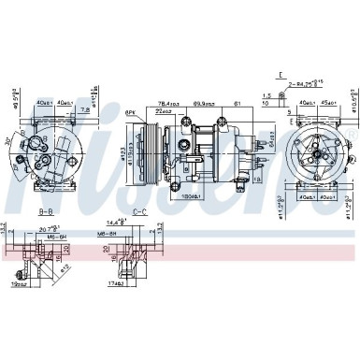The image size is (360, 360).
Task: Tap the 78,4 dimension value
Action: point(167,104)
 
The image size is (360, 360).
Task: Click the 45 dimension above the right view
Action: point(328,104)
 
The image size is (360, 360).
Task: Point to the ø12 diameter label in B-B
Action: point(65,272)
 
